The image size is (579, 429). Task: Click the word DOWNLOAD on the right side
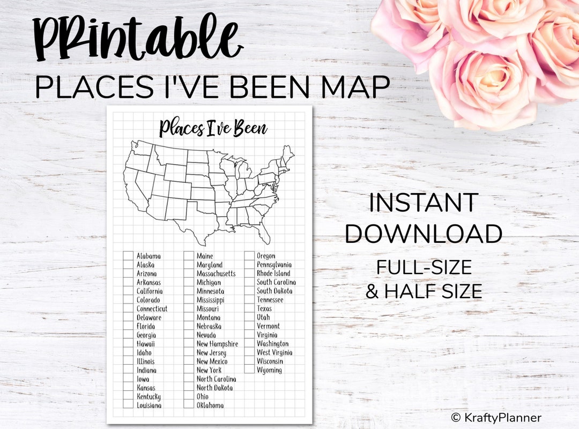click(424, 234)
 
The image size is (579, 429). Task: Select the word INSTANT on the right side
click(423, 203)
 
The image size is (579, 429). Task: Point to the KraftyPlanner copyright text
click(496, 418)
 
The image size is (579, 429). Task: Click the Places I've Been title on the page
click(213, 129)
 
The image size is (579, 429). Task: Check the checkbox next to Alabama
click(128, 256)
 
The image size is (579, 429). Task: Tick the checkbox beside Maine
click(188, 256)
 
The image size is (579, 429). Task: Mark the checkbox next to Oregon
click(249, 256)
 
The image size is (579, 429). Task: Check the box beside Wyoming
click(249, 369)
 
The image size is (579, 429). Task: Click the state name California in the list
click(150, 291)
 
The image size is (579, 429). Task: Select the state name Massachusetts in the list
click(216, 273)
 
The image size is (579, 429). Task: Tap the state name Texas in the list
click(264, 308)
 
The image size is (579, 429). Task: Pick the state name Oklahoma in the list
click(210, 405)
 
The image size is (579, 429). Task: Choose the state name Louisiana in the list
click(149, 405)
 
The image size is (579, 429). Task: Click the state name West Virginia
click(274, 352)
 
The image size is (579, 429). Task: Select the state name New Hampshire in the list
click(217, 344)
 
